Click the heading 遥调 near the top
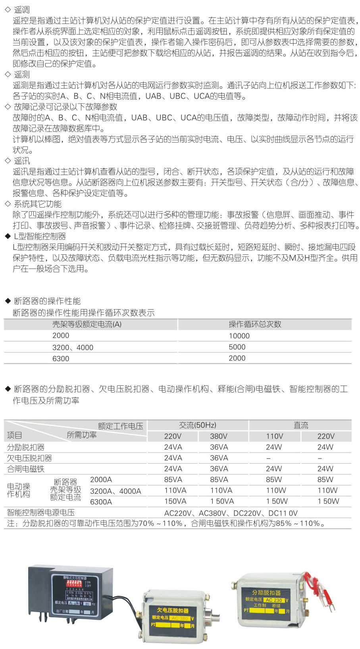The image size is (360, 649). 22,10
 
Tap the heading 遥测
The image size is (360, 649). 22,74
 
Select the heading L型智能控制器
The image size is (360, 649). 40,237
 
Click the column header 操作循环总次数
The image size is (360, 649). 255,324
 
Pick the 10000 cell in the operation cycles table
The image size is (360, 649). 239,336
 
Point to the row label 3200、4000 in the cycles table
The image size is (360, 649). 73,347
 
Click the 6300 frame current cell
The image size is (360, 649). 61,358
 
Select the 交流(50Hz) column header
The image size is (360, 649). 197,426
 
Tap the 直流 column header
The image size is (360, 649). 300,426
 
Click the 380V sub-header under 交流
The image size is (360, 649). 219,436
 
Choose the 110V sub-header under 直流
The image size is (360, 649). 274,436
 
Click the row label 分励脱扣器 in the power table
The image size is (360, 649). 26,447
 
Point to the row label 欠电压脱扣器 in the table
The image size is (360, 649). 29,458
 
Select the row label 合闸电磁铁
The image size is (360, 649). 26,469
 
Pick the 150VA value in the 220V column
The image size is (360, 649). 175,501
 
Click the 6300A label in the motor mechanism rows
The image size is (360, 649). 101,502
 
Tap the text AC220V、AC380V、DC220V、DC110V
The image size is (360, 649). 231,513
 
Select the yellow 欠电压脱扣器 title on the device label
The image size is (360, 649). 173,610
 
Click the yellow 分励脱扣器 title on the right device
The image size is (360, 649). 266,592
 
